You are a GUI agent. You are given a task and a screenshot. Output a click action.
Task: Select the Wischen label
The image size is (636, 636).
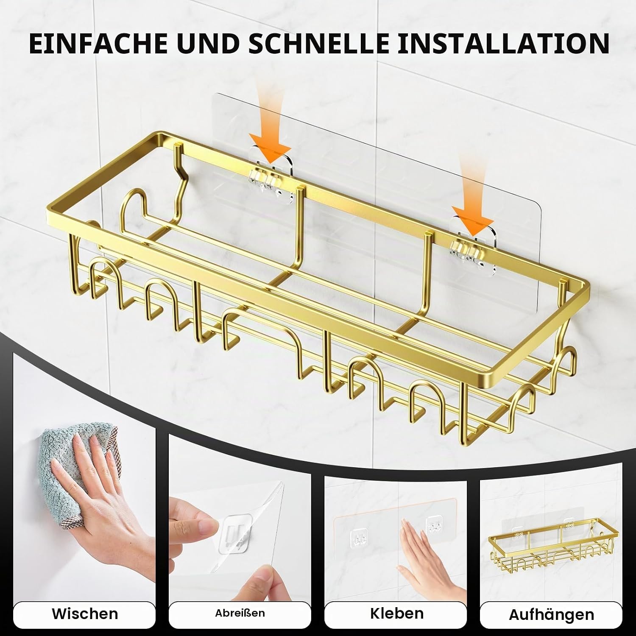(85, 614)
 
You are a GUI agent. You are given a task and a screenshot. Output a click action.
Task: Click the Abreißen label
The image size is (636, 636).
(240, 613)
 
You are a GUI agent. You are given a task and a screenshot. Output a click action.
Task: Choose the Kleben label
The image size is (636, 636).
(396, 613)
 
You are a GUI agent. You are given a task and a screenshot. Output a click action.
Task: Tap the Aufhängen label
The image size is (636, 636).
(551, 614)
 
